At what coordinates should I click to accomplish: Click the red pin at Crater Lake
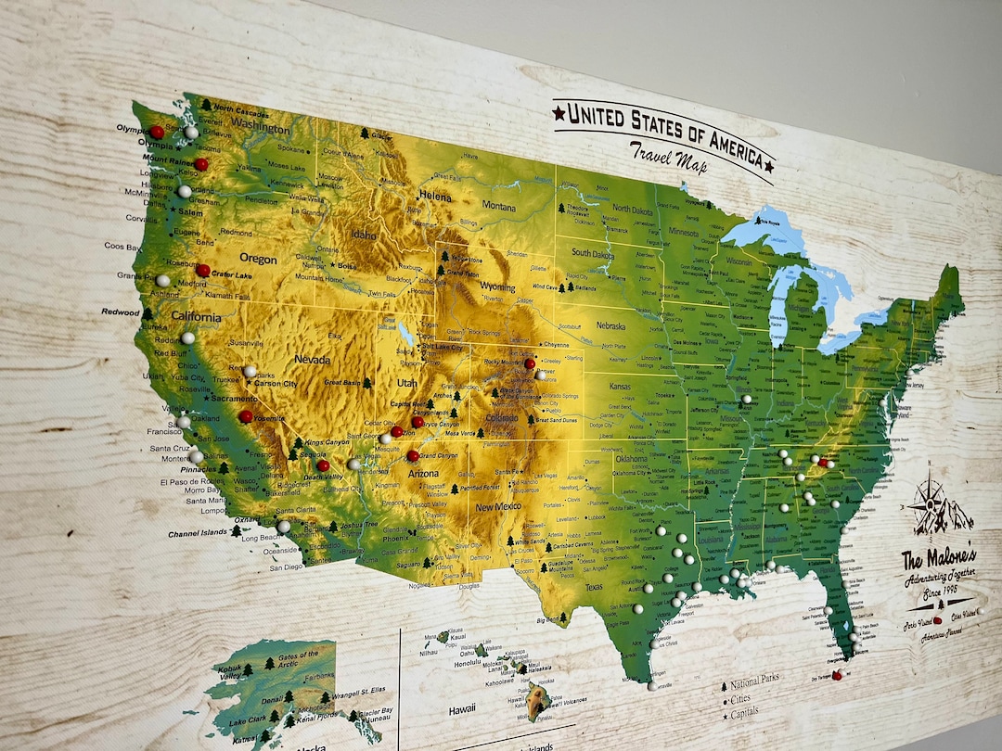click(202, 271)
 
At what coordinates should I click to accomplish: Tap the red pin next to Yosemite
click(246, 417)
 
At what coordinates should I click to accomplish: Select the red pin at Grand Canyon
click(413, 456)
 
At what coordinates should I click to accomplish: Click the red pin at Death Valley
click(323, 465)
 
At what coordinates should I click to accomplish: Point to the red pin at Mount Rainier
click(200, 164)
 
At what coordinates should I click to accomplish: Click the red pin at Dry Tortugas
click(838, 676)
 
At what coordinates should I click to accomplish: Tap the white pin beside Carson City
click(250, 372)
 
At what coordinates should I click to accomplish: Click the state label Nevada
click(313, 359)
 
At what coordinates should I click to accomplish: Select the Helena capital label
click(435, 196)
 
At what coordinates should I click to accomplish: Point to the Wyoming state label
click(498, 287)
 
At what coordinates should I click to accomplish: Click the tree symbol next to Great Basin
click(367, 382)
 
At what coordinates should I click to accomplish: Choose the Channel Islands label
click(198, 534)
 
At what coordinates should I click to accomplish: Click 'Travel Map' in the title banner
click(667, 158)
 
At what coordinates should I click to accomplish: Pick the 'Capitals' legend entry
click(746, 712)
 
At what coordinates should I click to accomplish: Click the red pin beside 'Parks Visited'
click(937, 620)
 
